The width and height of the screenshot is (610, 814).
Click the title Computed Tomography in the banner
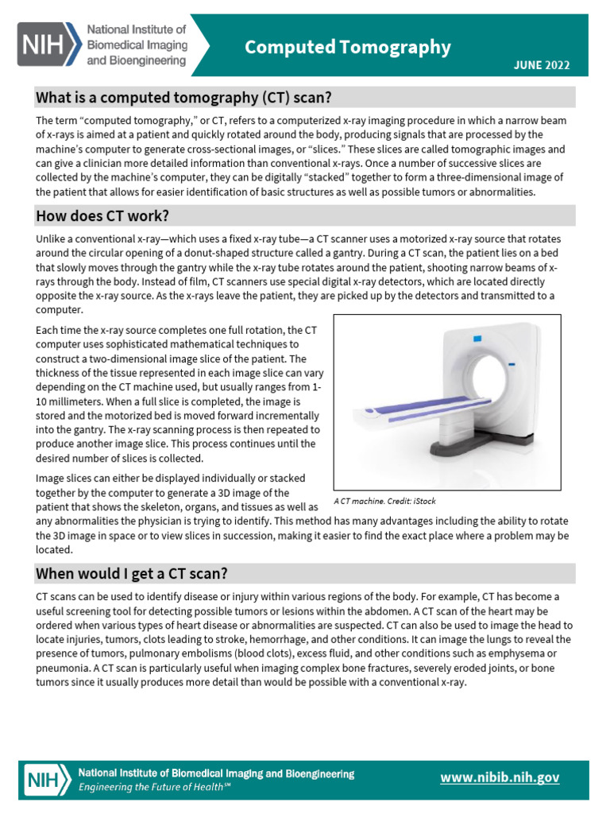coord(347,48)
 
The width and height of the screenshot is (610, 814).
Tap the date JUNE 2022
coord(540,66)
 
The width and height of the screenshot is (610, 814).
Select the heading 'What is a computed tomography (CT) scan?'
coord(183,98)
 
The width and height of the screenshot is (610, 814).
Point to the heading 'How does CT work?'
coord(102,216)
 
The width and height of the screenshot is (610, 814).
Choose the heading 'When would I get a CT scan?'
coord(133,574)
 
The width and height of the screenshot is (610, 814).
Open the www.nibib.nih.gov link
coord(500,777)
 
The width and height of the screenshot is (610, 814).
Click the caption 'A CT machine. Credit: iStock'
coord(384,502)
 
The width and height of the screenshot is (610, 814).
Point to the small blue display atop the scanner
coord(478,339)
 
